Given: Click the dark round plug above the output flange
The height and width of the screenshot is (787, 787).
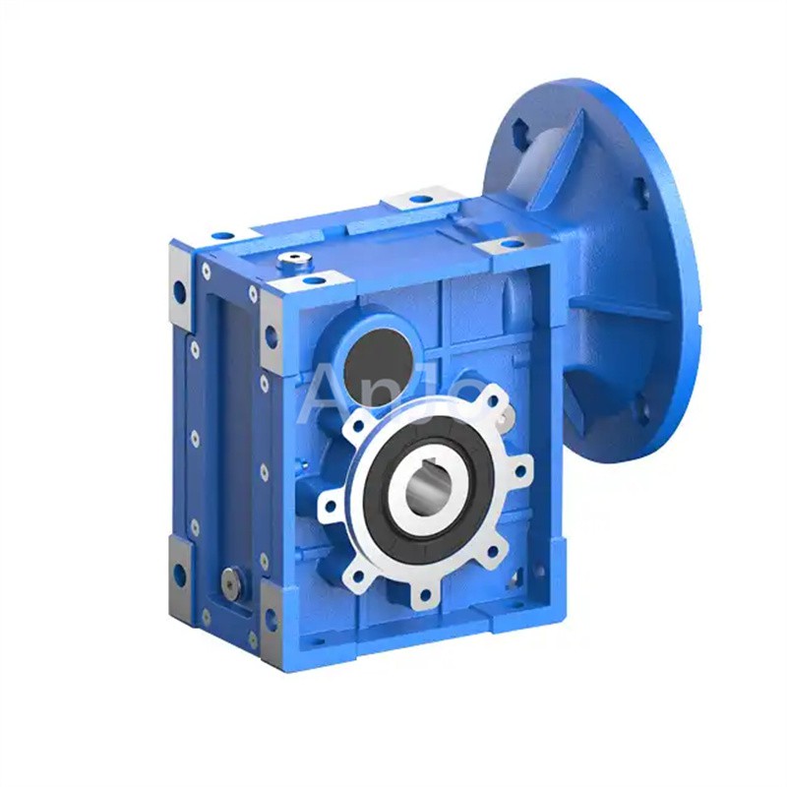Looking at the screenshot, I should click(x=378, y=346).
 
